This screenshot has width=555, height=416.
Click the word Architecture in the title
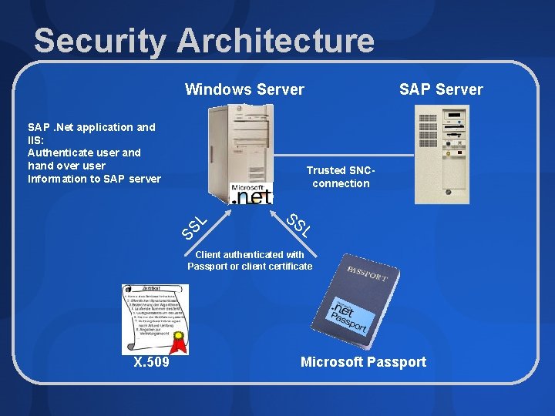275,41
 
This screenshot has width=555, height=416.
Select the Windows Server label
244,89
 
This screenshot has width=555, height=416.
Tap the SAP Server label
441,89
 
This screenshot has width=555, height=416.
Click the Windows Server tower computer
240,150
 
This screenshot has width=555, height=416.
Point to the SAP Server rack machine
442,154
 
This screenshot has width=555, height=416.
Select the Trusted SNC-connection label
341,176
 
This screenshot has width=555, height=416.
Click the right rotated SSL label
299,224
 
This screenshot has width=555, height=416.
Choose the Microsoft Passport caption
363,362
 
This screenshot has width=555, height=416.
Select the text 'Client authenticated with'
250,254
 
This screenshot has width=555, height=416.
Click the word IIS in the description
35,139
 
